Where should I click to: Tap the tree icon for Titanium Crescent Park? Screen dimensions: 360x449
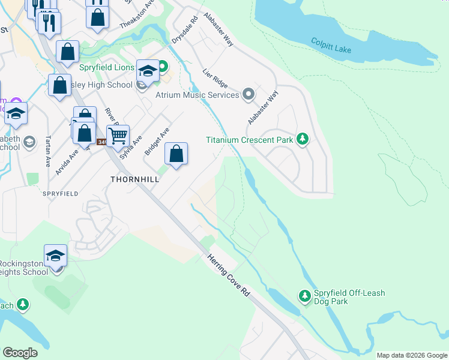tap(303, 140)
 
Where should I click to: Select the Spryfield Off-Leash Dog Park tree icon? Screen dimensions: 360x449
tap(305, 295)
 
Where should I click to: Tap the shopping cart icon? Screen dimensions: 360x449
tap(118, 135)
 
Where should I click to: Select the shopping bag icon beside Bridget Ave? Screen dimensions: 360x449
tap(176, 154)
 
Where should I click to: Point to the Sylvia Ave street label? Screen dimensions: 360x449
tap(131, 146)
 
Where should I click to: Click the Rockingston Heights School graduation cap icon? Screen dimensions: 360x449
tap(55, 256)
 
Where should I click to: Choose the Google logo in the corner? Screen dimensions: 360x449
tap(20, 353)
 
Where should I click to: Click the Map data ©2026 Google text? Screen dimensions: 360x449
tap(411, 355)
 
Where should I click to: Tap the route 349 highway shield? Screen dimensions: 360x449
tap(101, 142)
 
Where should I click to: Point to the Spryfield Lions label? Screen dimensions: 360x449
tap(107, 67)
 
